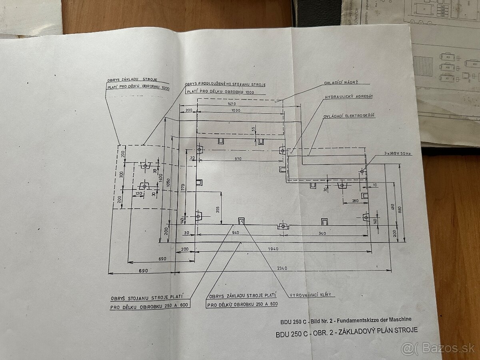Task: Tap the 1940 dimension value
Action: [x=273, y=249]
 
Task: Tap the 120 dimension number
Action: [x=138, y=194]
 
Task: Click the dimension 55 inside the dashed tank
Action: [x=254, y=129]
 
